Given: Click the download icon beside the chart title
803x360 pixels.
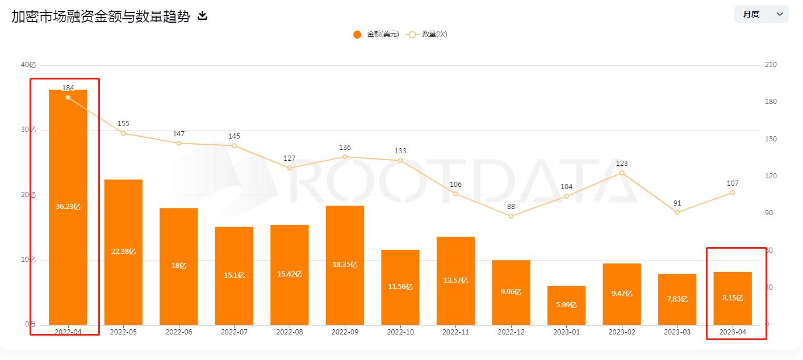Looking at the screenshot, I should [202, 16].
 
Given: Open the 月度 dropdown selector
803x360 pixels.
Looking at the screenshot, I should [761, 14].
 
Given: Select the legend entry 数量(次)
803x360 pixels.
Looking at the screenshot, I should [427, 34].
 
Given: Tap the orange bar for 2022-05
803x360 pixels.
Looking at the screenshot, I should [123, 252].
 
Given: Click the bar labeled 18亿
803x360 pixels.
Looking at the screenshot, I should [178, 266].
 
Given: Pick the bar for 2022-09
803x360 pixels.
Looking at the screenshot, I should [345, 265].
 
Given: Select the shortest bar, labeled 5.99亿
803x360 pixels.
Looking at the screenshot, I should [566, 305].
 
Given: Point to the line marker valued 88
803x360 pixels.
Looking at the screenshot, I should [511, 216].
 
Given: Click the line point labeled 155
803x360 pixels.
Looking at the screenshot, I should [123, 133].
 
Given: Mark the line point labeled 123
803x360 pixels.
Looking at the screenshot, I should [622, 173].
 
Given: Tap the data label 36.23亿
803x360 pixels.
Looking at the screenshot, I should [68, 207].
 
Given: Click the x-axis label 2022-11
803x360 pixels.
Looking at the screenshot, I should [455, 332].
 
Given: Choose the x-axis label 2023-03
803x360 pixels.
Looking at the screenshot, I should [677, 332].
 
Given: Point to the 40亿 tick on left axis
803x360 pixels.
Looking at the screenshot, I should [28, 65].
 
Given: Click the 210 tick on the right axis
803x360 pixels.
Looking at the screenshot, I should [771, 65].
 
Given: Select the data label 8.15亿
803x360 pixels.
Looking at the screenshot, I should [733, 298].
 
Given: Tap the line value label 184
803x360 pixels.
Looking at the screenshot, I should [68, 88].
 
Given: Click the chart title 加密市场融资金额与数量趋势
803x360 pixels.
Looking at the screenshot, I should [101, 16].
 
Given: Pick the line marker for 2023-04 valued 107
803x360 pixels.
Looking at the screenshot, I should [733, 193].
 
